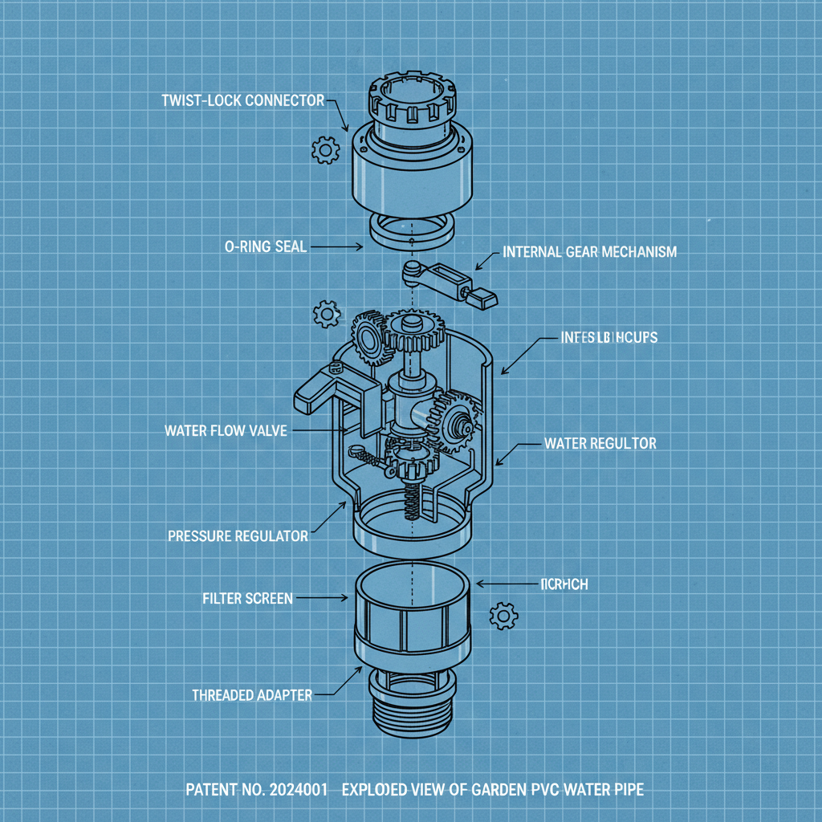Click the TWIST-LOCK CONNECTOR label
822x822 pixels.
pos(242,100)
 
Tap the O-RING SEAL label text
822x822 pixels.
pos(266,247)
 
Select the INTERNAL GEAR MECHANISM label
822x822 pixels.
pos(588,252)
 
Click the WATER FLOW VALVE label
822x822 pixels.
pos(226,431)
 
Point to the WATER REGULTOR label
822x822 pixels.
pos(600,443)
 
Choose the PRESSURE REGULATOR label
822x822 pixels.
pos(238,535)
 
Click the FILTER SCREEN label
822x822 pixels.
pos(247,598)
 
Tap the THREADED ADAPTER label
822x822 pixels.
pos(251,695)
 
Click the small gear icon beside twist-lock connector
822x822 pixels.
pos(325,149)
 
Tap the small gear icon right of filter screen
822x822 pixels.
pos(503,616)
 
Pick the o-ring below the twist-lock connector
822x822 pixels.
pos(411,230)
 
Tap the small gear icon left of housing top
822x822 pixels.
pos(326,313)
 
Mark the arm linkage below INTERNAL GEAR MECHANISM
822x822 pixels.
pos(446,281)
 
